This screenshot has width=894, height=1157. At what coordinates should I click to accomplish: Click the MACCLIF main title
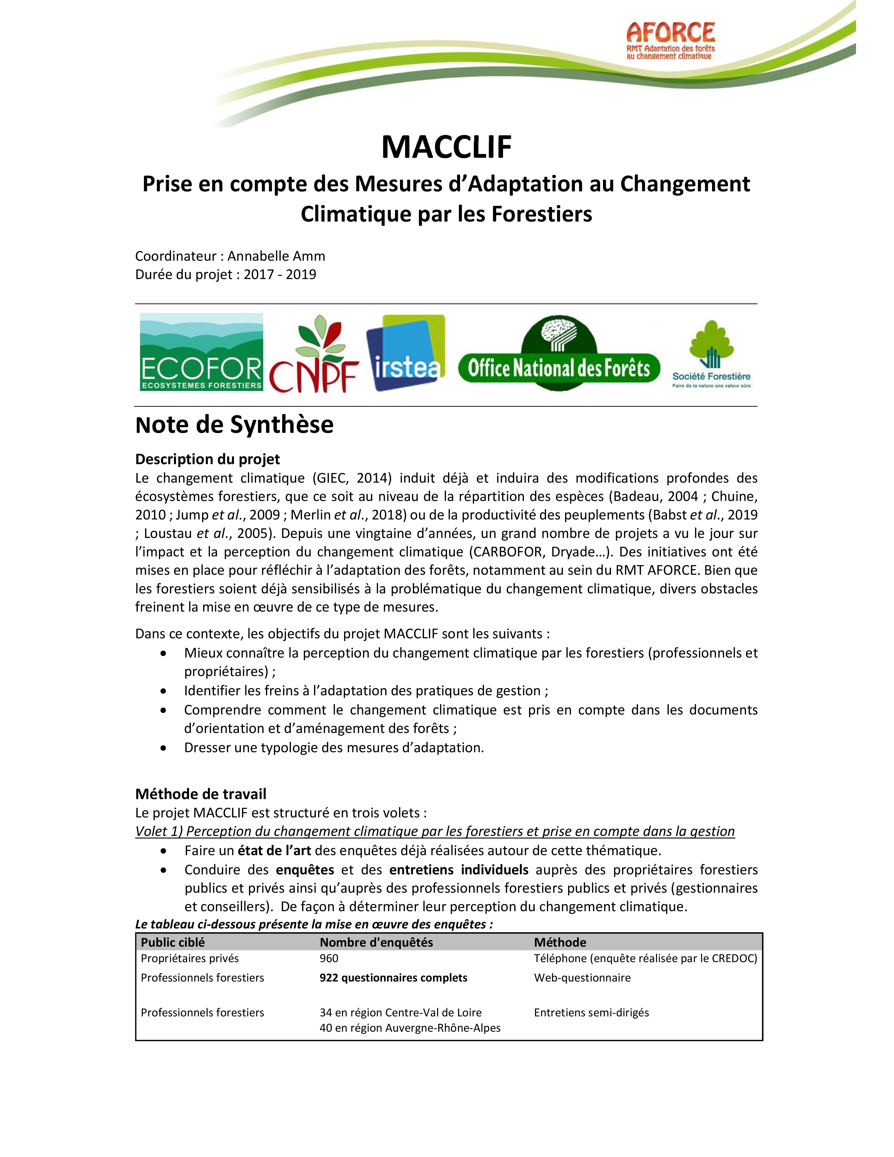click(x=446, y=147)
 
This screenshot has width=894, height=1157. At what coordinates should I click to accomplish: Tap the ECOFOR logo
click(x=201, y=352)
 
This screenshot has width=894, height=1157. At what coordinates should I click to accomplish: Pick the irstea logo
click(x=406, y=353)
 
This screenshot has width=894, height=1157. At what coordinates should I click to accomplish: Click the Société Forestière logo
click(x=711, y=354)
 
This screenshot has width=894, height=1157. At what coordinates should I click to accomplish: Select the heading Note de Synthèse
click(x=234, y=425)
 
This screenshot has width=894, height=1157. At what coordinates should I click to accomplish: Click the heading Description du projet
click(x=208, y=459)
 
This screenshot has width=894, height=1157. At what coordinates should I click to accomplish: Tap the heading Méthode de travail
click(x=201, y=794)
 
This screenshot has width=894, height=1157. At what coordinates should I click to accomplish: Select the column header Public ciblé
click(x=173, y=942)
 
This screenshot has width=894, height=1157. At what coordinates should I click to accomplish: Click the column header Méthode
click(x=560, y=942)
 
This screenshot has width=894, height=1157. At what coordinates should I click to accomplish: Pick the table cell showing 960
click(x=329, y=958)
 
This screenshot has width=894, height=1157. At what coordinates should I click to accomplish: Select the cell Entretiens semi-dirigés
click(x=591, y=1013)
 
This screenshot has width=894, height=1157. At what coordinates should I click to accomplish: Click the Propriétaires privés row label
click(x=190, y=958)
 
